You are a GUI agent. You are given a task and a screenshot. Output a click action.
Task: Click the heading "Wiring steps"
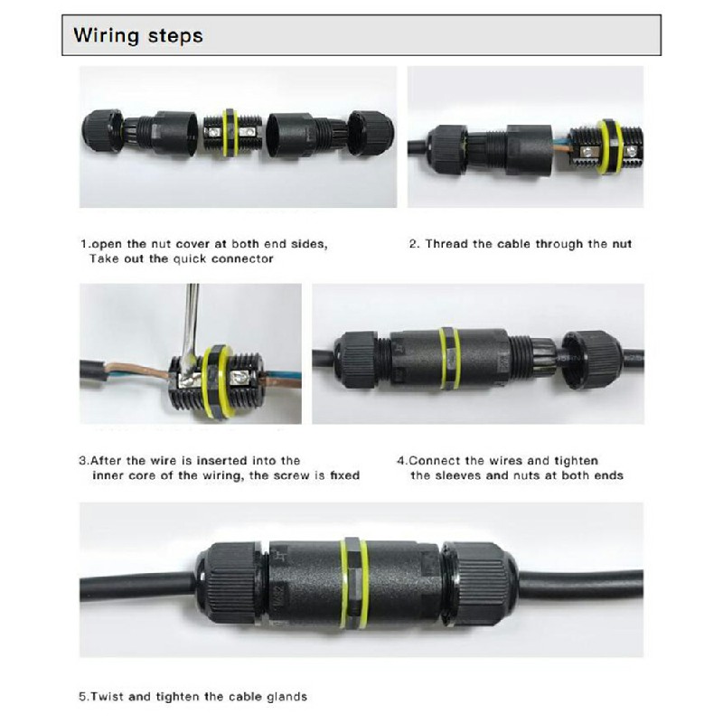click(138, 36)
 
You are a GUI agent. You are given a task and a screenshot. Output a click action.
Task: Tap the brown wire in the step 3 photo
click(136, 371)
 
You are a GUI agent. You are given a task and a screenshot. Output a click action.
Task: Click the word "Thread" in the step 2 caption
click(446, 244)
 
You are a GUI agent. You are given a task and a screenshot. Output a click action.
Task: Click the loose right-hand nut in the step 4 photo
click(592, 359)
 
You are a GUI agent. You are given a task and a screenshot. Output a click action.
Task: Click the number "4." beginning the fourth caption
click(401, 461)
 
